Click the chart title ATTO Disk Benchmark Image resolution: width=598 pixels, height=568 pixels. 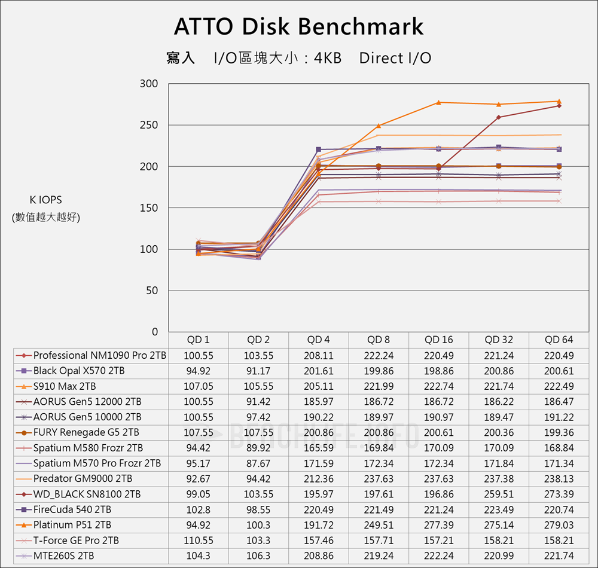point(298,27)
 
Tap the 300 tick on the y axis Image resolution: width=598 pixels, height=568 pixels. point(149,84)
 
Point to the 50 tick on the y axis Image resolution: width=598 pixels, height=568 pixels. point(152,291)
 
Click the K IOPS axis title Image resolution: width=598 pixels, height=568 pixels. point(45,200)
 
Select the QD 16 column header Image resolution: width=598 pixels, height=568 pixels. point(439,340)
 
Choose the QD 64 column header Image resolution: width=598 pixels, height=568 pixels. point(559,340)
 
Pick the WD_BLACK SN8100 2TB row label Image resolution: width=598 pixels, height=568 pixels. point(87,494)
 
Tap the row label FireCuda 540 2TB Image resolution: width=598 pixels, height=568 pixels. point(72,509)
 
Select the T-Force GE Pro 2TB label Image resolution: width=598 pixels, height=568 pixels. point(76,540)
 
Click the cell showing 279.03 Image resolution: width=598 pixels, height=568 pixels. point(559,525)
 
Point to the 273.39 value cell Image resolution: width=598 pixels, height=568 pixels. point(559,494)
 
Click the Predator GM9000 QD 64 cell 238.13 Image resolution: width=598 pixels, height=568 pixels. point(559,478)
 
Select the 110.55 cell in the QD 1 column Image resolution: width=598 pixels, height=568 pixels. point(199,540)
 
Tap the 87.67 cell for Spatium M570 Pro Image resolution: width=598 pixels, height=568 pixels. point(258,463)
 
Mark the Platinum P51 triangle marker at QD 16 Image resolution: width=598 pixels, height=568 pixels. point(439,102)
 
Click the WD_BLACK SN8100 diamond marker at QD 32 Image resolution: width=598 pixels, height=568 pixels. point(499,117)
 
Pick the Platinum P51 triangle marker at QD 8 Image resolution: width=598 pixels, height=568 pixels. point(379,126)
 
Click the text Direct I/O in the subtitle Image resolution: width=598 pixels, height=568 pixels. point(395,58)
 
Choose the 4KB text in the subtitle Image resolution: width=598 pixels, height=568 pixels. point(328,58)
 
